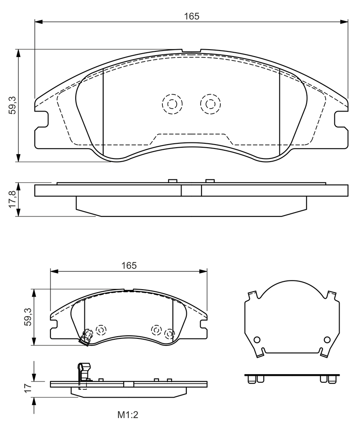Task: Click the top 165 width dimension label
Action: click(192, 16)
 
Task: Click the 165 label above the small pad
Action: click(129, 265)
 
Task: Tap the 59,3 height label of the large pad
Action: click(13, 105)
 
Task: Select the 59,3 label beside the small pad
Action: click(28, 317)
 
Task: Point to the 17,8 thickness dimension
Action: click(13, 199)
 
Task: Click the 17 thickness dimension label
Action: click(27, 388)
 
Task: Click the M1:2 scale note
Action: click(128, 415)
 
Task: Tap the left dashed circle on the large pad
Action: click(172, 104)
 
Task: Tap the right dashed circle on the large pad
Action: click(210, 104)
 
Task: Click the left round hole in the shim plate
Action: click(257, 340)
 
